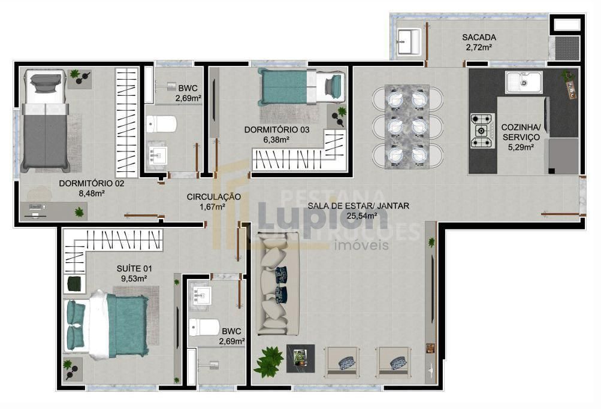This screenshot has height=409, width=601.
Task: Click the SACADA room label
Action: tap(479, 37)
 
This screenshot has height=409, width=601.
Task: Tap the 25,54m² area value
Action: tap(359, 216)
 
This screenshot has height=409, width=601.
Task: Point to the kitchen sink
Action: tap(523, 81)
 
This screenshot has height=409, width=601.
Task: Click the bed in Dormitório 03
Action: tap(302, 87)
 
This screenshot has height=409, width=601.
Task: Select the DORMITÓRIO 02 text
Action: tap(92, 183)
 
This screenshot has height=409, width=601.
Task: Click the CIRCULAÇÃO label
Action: tap(213, 196)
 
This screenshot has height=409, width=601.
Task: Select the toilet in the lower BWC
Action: tap(206, 327)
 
